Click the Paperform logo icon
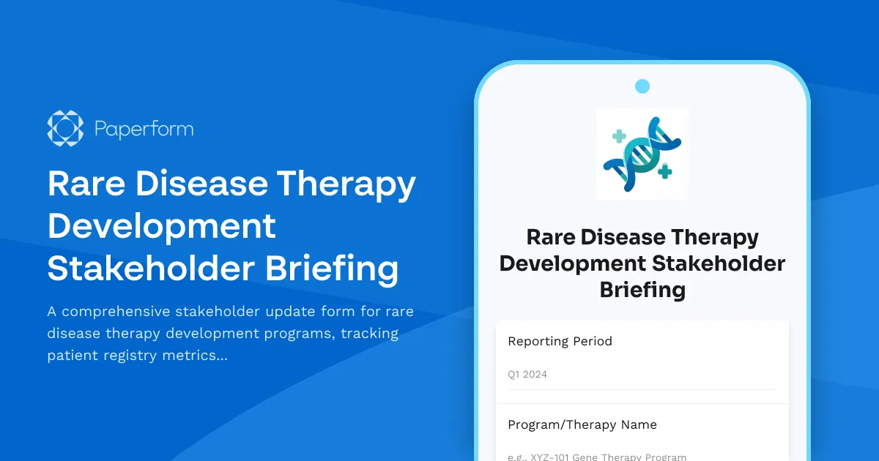pyautogui.click(x=64, y=129)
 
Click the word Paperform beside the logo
pyautogui.click(x=144, y=130)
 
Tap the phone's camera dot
pyautogui.click(x=642, y=86)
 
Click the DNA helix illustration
pyautogui.click(x=642, y=154)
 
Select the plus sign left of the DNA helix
pyautogui.click(x=619, y=136)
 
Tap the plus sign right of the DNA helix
pyautogui.click(x=665, y=172)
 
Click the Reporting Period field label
pyautogui.click(x=560, y=341)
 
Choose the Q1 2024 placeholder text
pyautogui.click(x=527, y=375)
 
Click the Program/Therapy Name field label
pyautogui.click(x=582, y=424)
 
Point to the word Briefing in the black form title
pyautogui.click(x=642, y=290)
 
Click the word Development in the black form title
pyautogui.click(x=572, y=263)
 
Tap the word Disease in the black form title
pyautogui.click(x=625, y=237)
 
